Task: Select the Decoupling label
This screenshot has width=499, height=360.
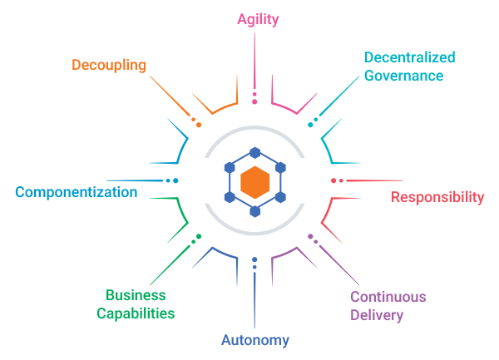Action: pyautogui.click(x=109, y=65)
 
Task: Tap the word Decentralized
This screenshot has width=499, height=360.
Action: pyautogui.click(x=410, y=58)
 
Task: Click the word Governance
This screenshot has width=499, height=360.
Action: pyautogui.click(x=404, y=75)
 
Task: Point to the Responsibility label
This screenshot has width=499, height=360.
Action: pyautogui.click(x=437, y=197)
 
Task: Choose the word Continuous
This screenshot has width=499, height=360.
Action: pyautogui.click(x=388, y=297)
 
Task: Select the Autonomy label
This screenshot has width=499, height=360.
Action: pyautogui.click(x=255, y=339)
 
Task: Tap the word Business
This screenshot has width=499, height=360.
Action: pyautogui.click(x=136, y=295)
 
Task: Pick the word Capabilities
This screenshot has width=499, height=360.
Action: pyautogui.click(x=136, y=313)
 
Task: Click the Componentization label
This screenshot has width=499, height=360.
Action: pyautogui.click(x=77, y=192)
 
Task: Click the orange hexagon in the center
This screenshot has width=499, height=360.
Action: pyautogui.click(x=254, y=181)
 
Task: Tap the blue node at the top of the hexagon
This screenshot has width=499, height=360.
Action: pyautogui.click(x=254, y=153)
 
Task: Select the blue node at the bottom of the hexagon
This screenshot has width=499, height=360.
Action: pyautogui.click(x=254, y=210)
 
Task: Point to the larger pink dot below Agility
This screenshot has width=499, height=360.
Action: pyautogui.click(x=254, y=102)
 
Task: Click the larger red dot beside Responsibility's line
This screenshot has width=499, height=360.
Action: pyautogui.click(x=333, y=180)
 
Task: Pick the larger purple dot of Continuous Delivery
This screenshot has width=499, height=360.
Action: pyautogui.click(x=310, y=237)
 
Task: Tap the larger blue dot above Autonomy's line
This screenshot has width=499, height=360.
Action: pyautogui.click(x=254, y=259)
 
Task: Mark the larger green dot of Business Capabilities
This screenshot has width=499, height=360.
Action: pyautogui.click(x=199, y=237)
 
